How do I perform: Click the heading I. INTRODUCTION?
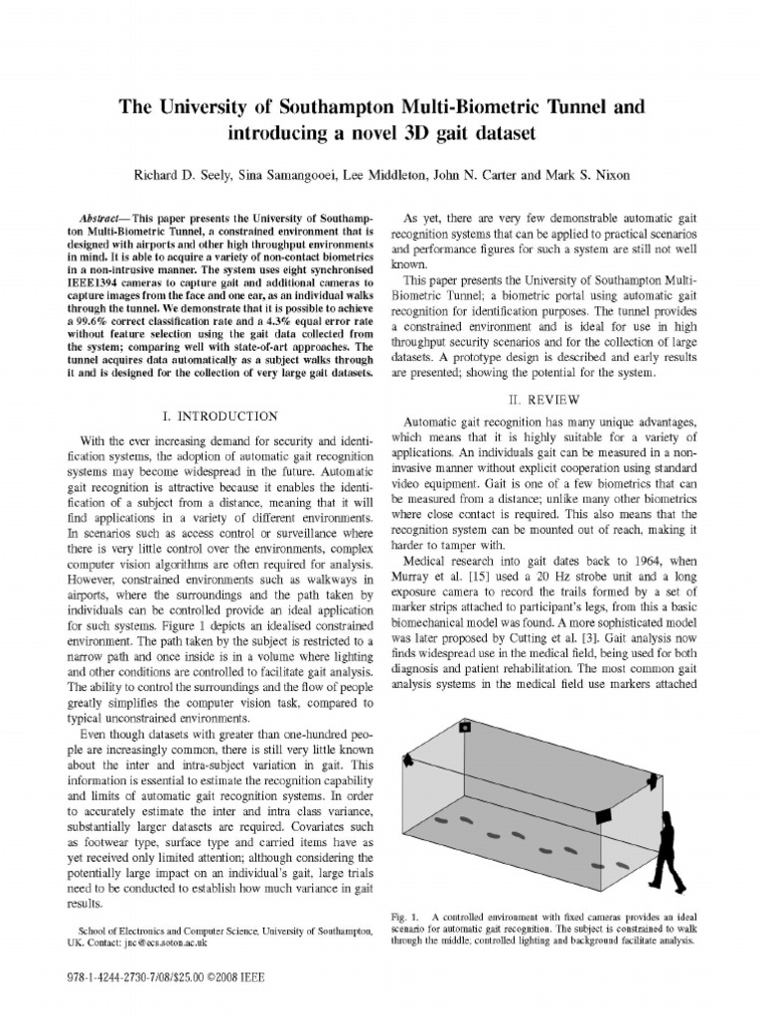tap(220, 415)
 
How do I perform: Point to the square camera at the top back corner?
tap(464, 727)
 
